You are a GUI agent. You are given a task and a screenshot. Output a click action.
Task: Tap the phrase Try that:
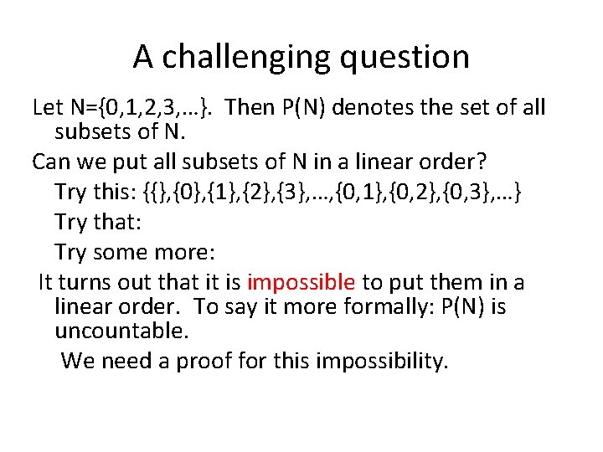pyautogui.click(x=91, y=223)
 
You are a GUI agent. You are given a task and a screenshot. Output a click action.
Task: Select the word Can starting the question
pyautogui.click(x=49, y=161)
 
